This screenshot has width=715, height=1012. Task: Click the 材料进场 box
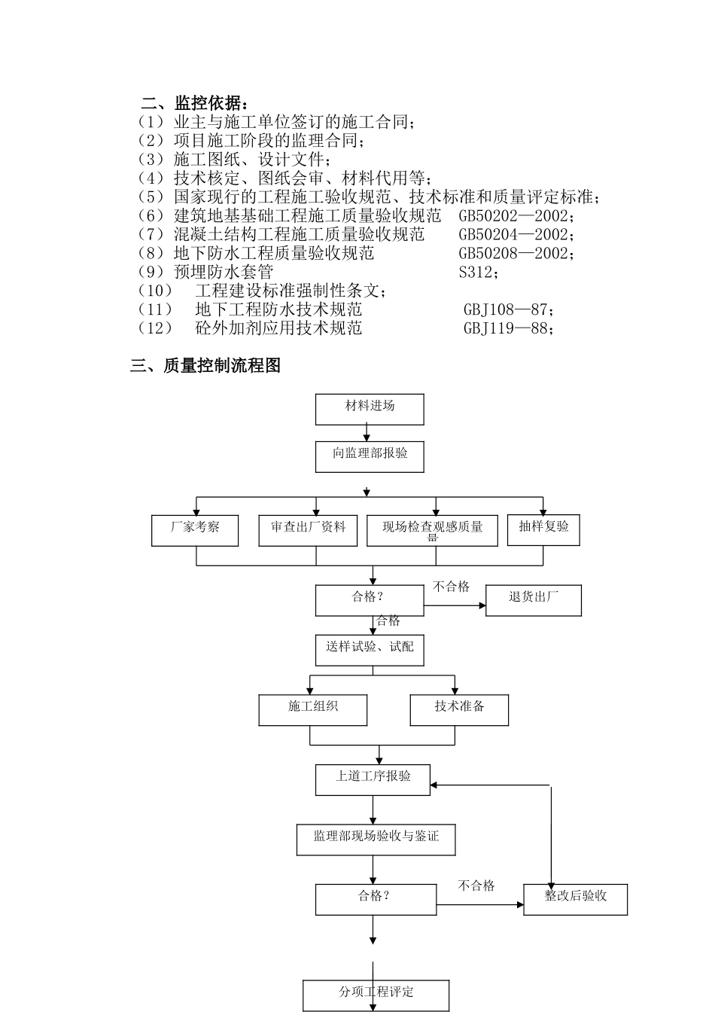[369, 409]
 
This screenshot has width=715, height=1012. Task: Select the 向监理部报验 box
[369, 456]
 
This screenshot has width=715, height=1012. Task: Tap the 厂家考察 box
[195, 530]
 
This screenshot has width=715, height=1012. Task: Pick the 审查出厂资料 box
[308, 530]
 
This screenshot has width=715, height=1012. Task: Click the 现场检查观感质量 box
[432, 530]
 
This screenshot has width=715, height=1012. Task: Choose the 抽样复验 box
[543, 529]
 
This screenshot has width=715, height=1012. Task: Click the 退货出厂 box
[533, 600]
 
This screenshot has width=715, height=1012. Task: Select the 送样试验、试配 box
[369, 650]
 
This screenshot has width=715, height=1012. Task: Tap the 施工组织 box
[313, 709]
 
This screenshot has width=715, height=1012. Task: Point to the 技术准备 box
[459, 709]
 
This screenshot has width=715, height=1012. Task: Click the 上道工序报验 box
[373, 779]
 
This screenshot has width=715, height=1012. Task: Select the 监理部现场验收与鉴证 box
[376, 839]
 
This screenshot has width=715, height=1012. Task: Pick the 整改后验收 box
[575, 898]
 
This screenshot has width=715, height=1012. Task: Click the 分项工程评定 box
[376, 995]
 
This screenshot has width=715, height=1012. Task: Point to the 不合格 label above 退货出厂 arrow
[452, 587]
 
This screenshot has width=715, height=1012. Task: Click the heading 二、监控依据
[194, 103]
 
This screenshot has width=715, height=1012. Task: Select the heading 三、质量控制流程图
[205, 366]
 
